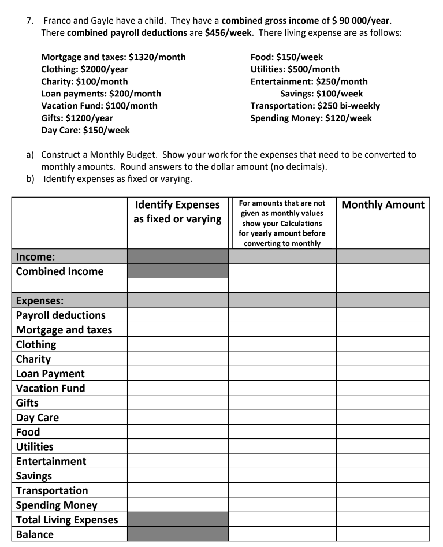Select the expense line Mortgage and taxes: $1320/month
[113, 57]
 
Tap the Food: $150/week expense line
[286, 57]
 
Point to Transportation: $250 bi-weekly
[315, 106]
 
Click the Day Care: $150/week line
[85, 130]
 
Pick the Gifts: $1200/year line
[77, 118]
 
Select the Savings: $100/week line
[321, 94]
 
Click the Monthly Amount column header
[383, 205]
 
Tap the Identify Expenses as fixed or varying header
[177, 211]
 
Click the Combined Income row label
[60, 271]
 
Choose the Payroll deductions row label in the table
[61, 315]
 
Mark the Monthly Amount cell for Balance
[383, 534]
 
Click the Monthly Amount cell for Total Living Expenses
[383, 520]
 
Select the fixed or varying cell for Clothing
[177, 344]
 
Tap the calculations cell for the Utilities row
[282, 446]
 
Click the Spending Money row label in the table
[57, 505]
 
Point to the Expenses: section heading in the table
[40, 300]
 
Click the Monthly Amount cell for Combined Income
[383, 271]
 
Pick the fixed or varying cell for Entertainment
[177, 461]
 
